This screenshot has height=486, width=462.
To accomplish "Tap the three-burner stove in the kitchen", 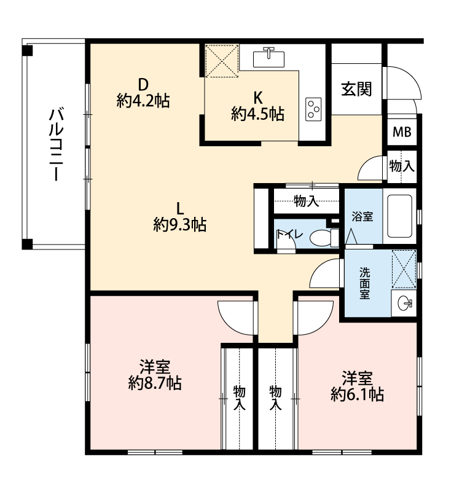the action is (x=313, y=109).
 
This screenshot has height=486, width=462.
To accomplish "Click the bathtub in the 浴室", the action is (x=399, y=216).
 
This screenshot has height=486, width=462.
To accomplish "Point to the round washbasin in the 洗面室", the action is (x=404, y=303).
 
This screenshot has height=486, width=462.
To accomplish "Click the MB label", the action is (x=402, y=132).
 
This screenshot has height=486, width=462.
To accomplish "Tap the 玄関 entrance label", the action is (x=356, y=89).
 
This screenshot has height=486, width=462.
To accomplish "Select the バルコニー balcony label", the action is (x=56, y=144).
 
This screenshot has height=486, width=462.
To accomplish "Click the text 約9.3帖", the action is (x=180, y=224).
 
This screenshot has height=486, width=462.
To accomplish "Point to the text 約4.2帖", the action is (x=143, y=101).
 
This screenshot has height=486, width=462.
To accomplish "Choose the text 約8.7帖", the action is (x=155, y=383).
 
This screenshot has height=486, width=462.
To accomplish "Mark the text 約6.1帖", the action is (x=358, y=394).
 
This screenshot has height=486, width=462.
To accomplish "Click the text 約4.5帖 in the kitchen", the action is (x=257, y=114).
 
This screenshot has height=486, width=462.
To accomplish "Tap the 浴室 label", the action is (x=362, y=216).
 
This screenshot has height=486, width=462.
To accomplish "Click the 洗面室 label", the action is (x=365, y=283).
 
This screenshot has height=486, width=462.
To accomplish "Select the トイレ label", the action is (x=289, y=233).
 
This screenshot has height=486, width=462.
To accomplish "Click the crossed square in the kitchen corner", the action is (x=222, y=61).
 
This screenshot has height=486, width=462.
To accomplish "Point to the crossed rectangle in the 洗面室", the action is (x=404, y=269).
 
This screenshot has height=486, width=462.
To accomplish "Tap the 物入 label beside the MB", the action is (x=402, y=166).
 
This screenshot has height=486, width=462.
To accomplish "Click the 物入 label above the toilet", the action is (x=307, y=201).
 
